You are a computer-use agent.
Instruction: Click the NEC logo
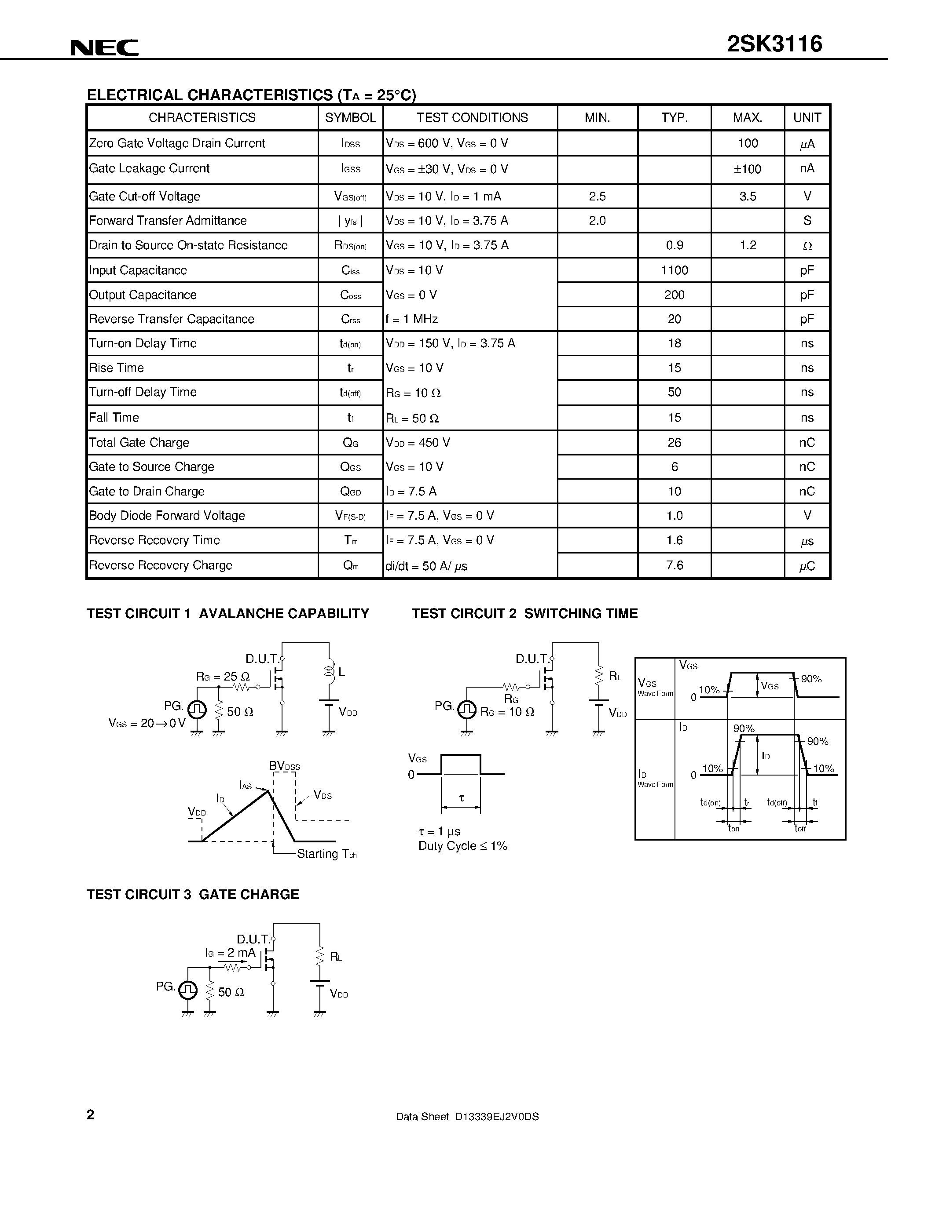tap(105, 48)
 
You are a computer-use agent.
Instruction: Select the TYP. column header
tap(674, 118)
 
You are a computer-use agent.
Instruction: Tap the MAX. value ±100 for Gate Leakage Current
tap(747, 169)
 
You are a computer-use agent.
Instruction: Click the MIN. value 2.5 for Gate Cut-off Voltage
tap(597, 197)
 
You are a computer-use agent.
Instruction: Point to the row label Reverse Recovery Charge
tap(161, 565)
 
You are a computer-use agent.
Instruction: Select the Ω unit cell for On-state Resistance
tap(807, 246)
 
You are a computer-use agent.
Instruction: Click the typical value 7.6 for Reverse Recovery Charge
tap(674, 565)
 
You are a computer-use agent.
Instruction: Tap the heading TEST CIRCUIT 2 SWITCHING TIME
tap(524, 613)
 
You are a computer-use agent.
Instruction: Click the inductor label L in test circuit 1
tap(342, 672)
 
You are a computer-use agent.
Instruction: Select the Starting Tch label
tap(326, 854)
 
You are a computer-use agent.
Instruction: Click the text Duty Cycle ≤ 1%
tap(462, 846)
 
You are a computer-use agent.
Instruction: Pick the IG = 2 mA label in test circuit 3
tap(230, 953)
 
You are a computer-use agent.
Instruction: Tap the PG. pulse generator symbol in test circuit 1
tap(197, 709)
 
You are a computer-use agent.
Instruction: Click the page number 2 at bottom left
tap(91, 1115)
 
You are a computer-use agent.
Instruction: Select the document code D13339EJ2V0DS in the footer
tap(496, 1117)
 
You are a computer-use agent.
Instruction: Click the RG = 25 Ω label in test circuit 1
tap(223, 677)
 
